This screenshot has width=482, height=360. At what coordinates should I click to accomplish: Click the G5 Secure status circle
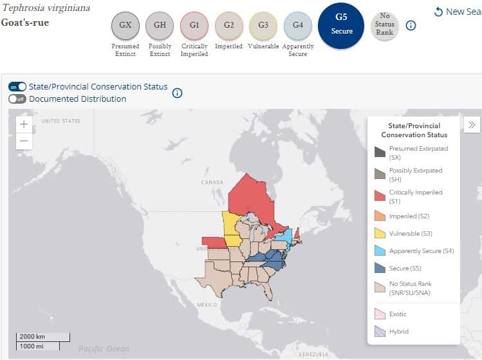[x=341, y=26]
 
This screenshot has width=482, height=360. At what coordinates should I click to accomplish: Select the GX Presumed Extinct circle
[x=125, y=26]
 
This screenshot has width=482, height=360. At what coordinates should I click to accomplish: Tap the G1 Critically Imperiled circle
[x=194, y=26]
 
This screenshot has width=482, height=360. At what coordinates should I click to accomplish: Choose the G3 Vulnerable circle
[x=263, y=26]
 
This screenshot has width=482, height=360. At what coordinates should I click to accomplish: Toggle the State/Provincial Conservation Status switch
[x=17, y=87]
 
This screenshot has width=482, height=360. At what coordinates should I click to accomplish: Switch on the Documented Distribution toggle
[x=17, y=99]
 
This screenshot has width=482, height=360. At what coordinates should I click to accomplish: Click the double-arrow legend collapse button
[x=472, y=125]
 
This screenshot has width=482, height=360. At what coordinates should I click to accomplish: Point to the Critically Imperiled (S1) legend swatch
[x=380, y=196]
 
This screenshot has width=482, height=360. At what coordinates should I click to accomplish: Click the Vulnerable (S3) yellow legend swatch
[x=380, y=232]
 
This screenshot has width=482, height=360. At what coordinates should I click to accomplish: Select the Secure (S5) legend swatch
[x=380, y=267]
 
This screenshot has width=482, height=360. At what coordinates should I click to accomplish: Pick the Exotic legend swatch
[x=380, y=314]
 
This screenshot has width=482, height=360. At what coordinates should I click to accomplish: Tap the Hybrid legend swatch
[x=380, y=331]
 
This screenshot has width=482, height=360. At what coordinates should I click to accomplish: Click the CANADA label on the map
[x=212, y=182]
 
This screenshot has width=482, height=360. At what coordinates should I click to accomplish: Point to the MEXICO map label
[x=207, y=305]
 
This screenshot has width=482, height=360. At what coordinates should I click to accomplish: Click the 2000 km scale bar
[x=43, y=337]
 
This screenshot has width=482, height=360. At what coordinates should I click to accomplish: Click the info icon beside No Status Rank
[x=411, y=26]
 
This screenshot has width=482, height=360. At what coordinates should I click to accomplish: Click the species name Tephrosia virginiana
[x=46, y=8]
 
